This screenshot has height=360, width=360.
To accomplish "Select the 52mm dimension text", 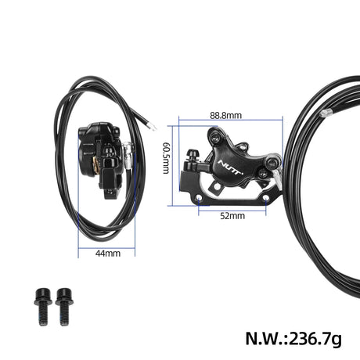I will [232, 216].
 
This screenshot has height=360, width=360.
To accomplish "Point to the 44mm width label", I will [107, 254].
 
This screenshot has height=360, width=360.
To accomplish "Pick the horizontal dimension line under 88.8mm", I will [230, 120].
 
